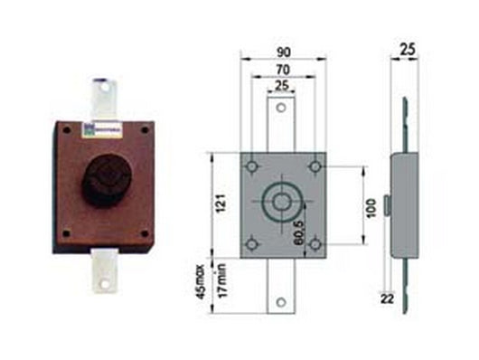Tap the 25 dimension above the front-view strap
click(x=281, y=85)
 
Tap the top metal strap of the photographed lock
click(x=105, y=97)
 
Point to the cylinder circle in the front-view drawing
click(x=282, y=204)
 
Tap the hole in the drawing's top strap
click(x=281, y=109)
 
